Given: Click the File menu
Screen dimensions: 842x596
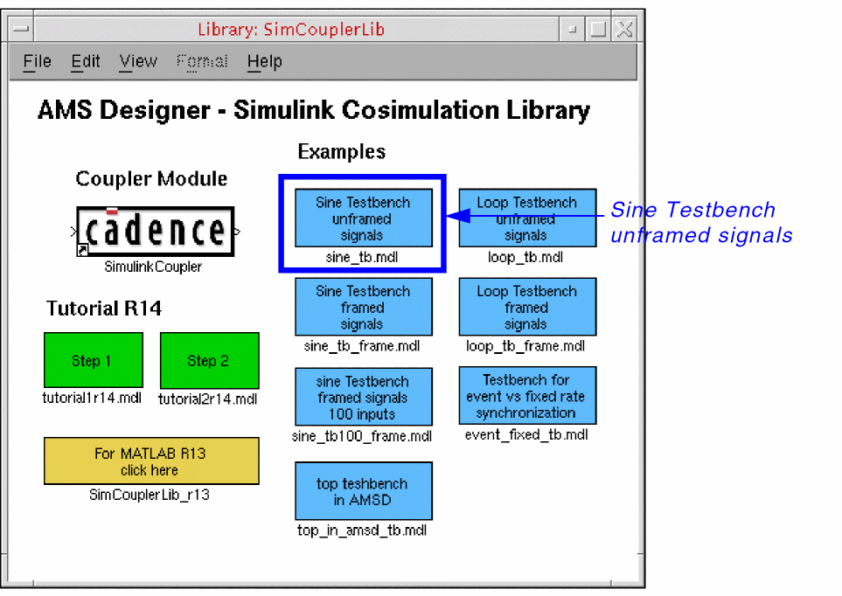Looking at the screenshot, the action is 37,61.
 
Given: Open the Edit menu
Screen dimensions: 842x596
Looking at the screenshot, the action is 86,61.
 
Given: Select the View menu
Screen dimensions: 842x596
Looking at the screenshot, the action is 138,61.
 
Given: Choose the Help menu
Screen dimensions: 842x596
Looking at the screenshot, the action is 264,62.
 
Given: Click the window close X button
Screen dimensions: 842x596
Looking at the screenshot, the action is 624,29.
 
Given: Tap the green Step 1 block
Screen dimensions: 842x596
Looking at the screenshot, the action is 94,360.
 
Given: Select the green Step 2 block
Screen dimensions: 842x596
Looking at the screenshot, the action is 210,360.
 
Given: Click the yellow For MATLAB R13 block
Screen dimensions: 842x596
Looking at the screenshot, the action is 151,461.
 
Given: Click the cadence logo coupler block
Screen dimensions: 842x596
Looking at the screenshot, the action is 155,232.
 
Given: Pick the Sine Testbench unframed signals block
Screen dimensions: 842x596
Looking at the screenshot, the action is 364,218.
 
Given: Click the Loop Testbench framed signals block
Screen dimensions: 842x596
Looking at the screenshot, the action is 527,307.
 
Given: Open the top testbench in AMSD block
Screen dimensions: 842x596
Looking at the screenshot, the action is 364,491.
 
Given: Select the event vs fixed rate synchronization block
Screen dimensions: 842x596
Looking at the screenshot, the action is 527,396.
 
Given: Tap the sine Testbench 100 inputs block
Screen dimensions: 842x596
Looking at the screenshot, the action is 364,397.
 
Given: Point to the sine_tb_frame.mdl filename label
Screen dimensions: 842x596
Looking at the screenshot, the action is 362,346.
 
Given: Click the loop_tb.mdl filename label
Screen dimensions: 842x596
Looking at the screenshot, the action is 525,258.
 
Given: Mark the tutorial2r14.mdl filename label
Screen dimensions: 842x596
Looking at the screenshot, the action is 208,399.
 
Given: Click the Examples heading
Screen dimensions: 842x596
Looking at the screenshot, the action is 342,152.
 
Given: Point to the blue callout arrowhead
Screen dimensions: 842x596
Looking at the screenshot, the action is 458,216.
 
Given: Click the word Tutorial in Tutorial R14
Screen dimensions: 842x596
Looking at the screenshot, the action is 81,308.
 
